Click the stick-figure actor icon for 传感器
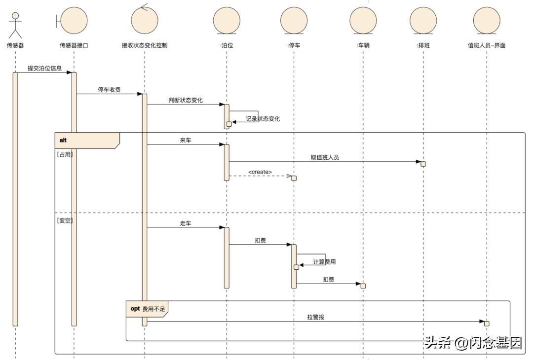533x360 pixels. click(x=15, y=25)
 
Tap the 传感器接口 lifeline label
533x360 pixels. click(x=74, y=45)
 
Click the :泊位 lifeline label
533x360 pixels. click(x=227, y=45)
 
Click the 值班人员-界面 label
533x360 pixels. click(x=487, y=45)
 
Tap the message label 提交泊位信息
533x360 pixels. click(x=44, y=68)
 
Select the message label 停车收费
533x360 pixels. click(x=109, y=90)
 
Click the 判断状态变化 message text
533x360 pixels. click(x=186, y=101)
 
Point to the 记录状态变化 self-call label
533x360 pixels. click(x=263, y=119)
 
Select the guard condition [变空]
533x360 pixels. click(x=65, y=220)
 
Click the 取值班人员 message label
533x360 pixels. click(x=325, y=158)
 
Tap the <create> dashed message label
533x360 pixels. click(x=260, y=172)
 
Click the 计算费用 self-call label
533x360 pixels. click(x=328, y=262)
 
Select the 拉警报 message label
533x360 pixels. click(x=316, y=317)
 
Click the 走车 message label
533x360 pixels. click(x=186, y=223)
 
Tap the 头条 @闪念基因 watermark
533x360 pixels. click(x=473, y=343)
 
